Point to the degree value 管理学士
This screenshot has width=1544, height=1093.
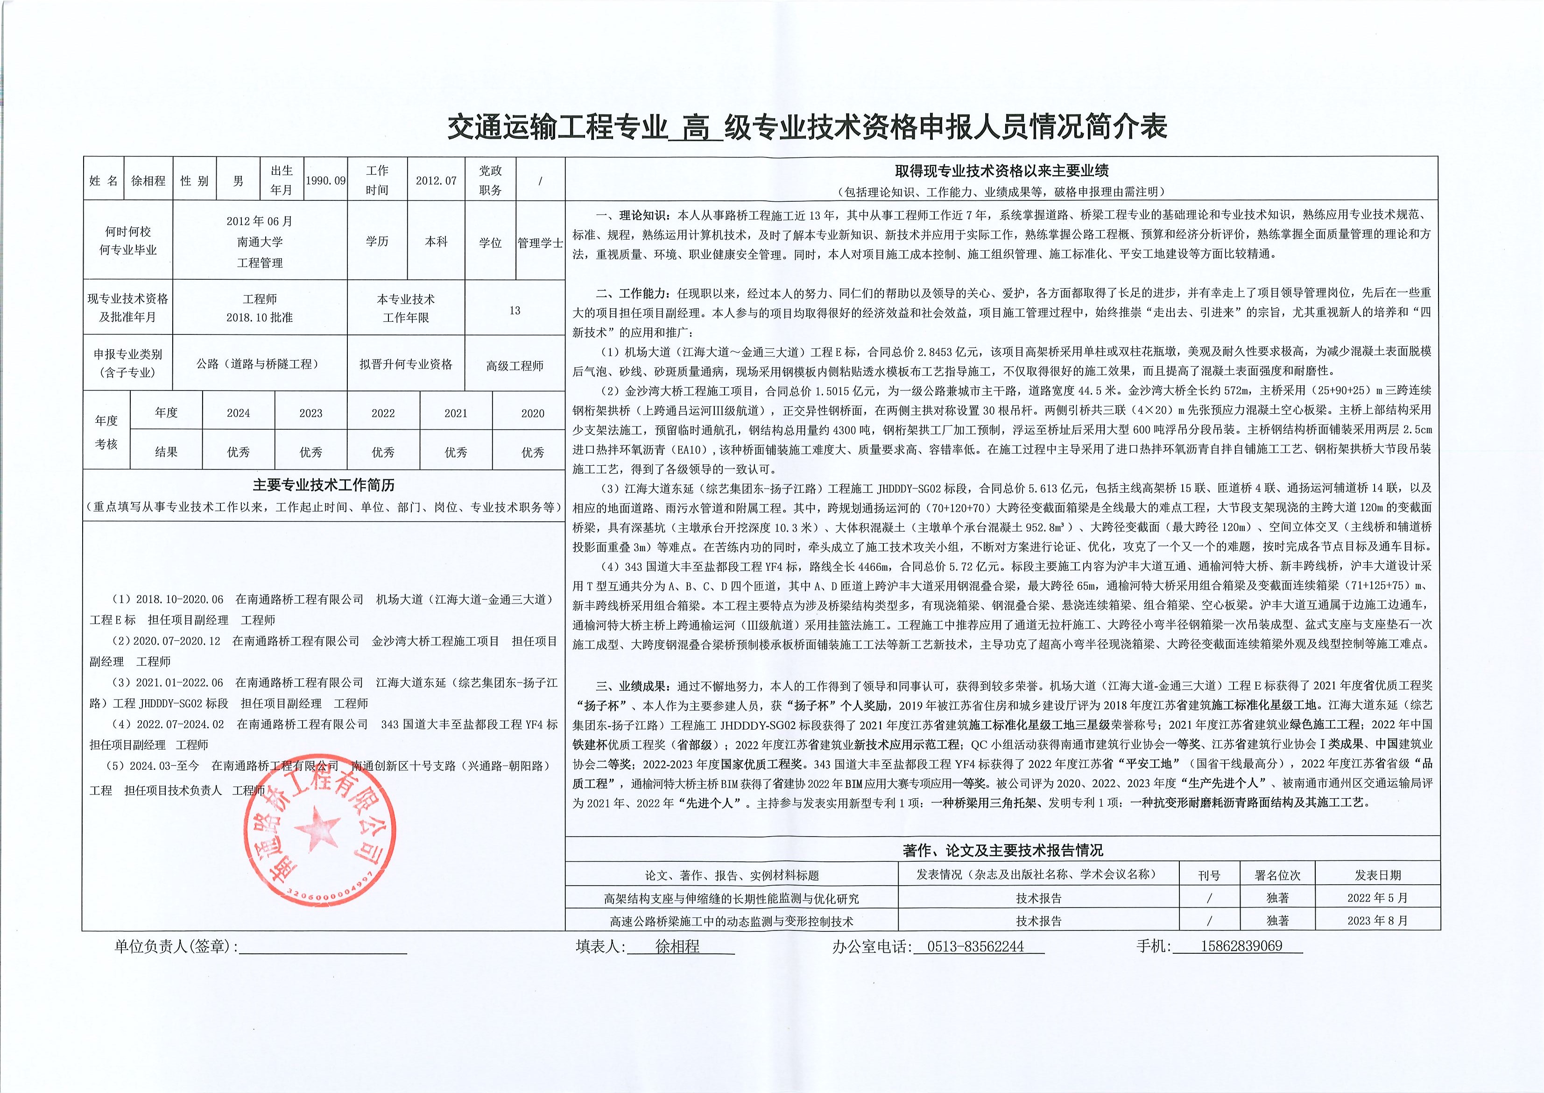[x=540, y=243]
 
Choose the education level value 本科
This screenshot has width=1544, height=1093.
[x=436, y=241]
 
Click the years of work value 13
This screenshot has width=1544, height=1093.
[x=515, y=310]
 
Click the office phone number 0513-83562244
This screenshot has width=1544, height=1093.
[x=975, y=946]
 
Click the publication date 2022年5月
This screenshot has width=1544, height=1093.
[x=1377, y=898]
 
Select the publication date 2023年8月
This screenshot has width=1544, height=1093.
[x=1377, y=921]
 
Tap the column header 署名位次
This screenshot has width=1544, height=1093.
[x=1277, y=875]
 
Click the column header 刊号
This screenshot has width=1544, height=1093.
[x=1209, y=875]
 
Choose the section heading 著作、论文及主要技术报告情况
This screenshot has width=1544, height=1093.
[x=1002, y=851]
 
